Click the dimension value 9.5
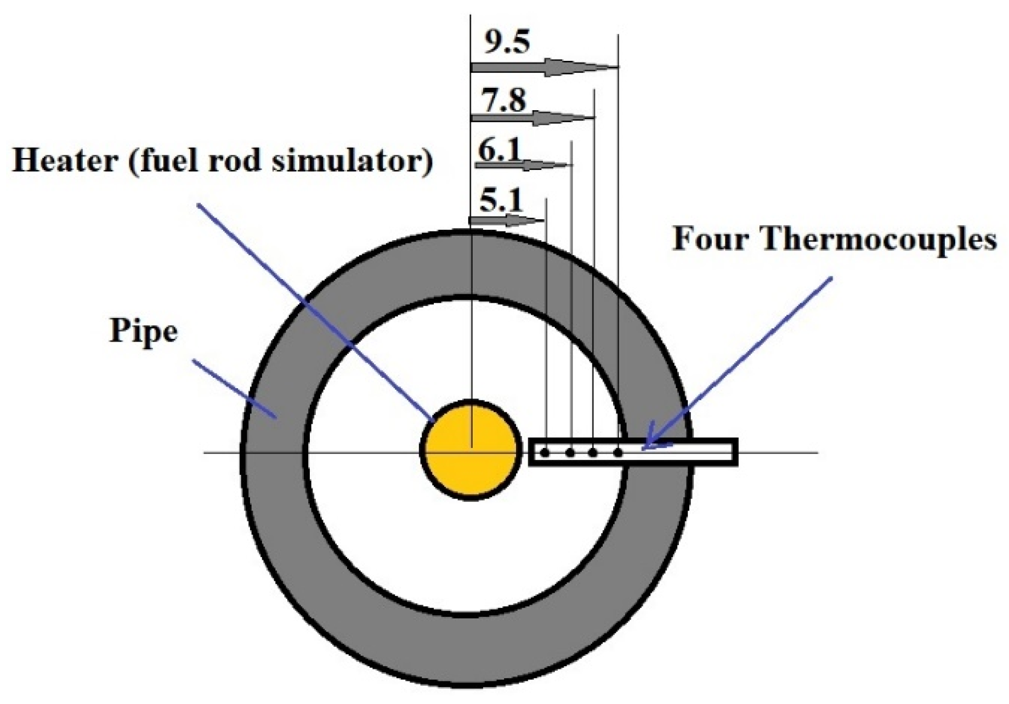(x=507, y=43)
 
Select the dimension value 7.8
(x=503, y=101)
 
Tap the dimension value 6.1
(x=499, y=150)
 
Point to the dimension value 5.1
(x=501, y=202)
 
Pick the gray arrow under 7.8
(x=532, y=117)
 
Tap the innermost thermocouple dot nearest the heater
(x=545, y=453)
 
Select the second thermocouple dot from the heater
(x=570, y=453)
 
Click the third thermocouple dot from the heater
(x=593, y=453)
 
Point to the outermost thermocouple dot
(x=618, y=453)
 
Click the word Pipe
(x=144, y=332)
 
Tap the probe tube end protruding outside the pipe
(x=713, y=452)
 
